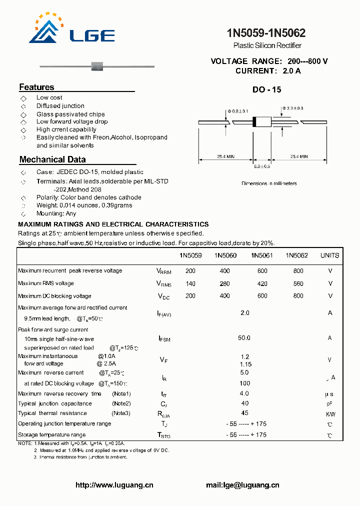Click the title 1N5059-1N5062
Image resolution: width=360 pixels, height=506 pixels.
(266, 33)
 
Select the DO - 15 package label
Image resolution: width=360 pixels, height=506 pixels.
(266, 90)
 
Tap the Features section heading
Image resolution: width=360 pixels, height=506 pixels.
(36, 87)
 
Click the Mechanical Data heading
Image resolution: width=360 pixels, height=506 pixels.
(52, 159)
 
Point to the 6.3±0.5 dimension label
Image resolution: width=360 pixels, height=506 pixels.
(261, 166)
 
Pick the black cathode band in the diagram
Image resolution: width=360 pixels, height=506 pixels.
(254, 121)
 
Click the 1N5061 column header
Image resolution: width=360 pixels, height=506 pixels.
(261, 255)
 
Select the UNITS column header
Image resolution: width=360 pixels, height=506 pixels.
(329, 255)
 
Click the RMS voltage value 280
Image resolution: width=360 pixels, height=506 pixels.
(225, 283)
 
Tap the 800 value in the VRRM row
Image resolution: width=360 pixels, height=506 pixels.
(298, 270)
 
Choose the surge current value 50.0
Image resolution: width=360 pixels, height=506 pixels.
(244, 338)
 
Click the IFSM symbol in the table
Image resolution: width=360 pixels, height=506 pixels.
(164, 339)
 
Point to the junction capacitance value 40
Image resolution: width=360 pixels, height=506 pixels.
(244, 403)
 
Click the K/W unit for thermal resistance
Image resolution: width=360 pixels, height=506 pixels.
(330, 414)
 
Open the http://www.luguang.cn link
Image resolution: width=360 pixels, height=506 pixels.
(114, 485)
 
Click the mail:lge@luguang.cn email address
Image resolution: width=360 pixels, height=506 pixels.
(242, 485)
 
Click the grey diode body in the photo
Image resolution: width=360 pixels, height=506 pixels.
(96, 65)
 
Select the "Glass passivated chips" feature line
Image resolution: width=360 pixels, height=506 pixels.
(70, 114)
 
